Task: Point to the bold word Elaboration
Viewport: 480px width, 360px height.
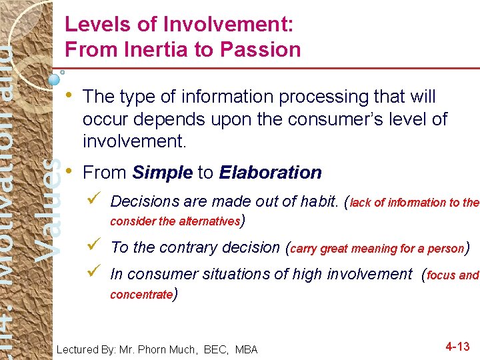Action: pyautogui.click(x=270, y=173)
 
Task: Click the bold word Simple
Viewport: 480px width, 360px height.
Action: pyautogui.click(x=163, y=173)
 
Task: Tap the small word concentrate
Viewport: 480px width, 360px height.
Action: pyautogui.click(x=141, y=295)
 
